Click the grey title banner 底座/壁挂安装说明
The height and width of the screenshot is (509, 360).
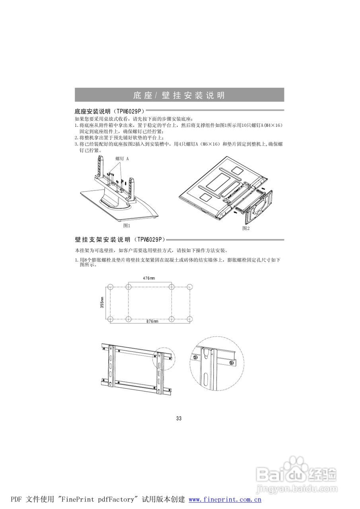tap(179, 95)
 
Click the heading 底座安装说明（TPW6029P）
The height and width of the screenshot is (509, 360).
tap(109, 111)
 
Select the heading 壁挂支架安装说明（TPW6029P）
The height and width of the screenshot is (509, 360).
tap(119, 240)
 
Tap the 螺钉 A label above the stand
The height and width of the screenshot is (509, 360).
tap(122, 158)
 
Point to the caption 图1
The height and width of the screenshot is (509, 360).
tap(127, 225)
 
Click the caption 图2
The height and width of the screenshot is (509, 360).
tap(246, 228)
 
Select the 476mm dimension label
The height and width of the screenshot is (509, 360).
tap(149, 278)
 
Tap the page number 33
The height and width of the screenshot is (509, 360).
tap(179, 418)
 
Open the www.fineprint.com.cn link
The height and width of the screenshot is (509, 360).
tap(224, 500)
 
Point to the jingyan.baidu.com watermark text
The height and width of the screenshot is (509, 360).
tap(296, 488)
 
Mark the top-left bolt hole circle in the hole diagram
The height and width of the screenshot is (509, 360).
tap(111, 287)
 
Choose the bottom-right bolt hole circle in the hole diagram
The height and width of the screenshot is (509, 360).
tap(190, 319)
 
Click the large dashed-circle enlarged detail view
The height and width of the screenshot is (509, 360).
tap(216, 363)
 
